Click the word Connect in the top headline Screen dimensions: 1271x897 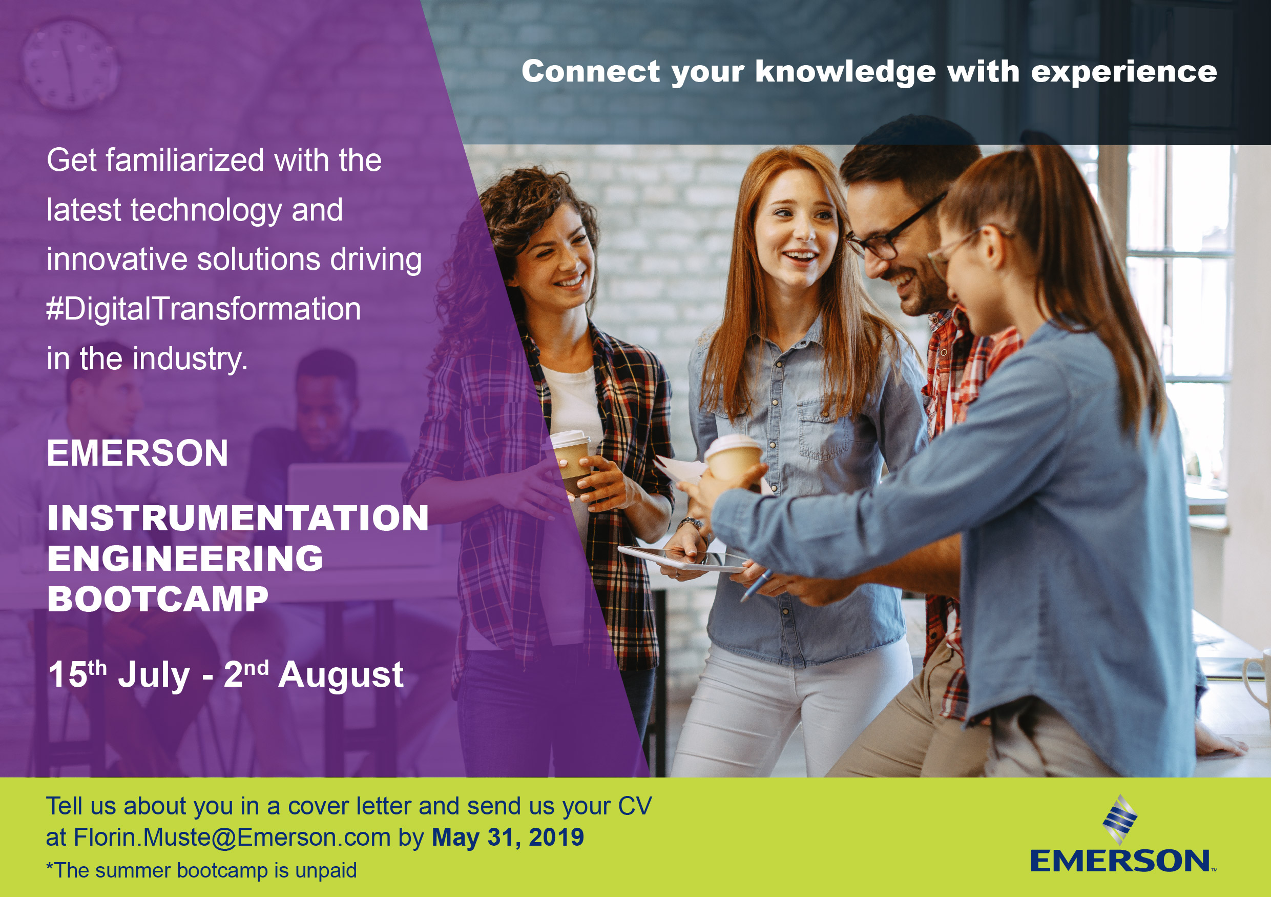coord(591,71)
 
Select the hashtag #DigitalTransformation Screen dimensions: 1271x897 coord(204,309)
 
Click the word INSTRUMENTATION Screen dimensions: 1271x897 coord(238,518)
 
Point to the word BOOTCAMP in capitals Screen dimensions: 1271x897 coord(158,599)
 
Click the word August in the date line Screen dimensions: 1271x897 coord(341,675)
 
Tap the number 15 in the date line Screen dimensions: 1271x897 coord(68,675)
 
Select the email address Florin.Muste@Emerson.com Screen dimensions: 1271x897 coord(233,837)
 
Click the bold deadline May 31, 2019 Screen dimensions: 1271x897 coord(508,837)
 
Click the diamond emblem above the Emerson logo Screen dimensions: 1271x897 coord(1120,820)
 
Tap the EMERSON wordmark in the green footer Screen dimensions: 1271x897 coord(1120,861)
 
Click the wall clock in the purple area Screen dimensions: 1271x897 coord(70,65)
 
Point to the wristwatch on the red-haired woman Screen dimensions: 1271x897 coord(692,523)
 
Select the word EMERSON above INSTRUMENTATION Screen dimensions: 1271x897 coord(137,453)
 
